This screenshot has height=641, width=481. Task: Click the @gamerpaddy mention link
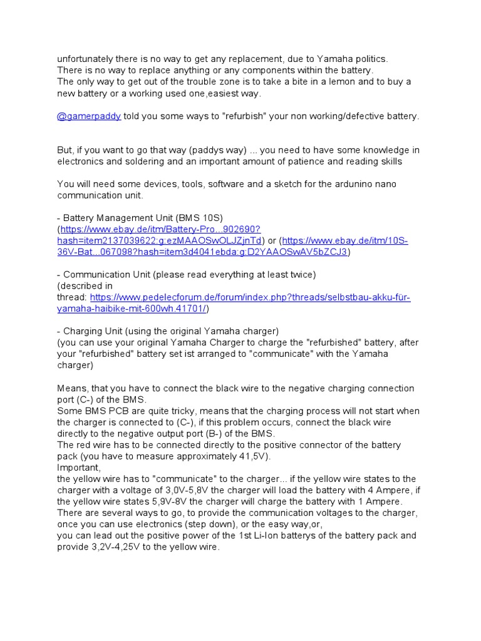tap(89, 116)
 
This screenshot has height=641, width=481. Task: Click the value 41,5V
tap(252, 456)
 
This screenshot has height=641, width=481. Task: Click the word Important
tap(78, 468)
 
